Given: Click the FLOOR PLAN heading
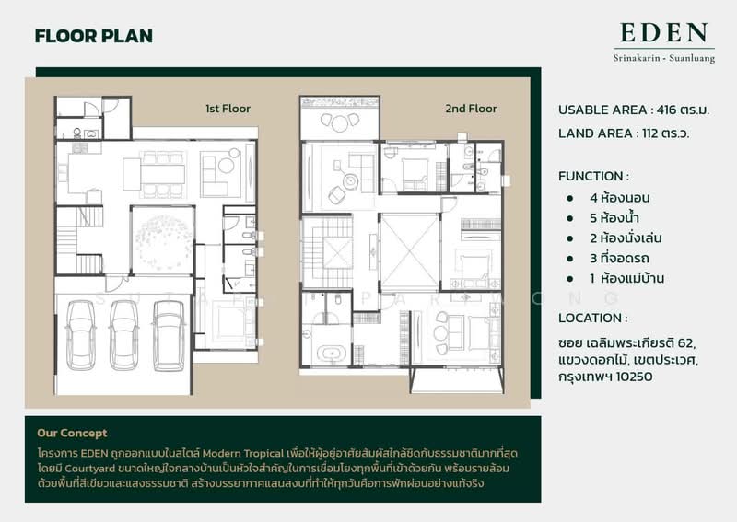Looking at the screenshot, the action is click(94, 36).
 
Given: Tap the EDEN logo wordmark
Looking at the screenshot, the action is click(663, 32).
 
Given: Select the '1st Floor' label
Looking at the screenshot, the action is click(228, 109).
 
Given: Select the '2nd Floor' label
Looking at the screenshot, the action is click(471, 109).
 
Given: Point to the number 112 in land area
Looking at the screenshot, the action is click(650, 133).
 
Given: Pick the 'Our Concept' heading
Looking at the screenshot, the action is click(72, 433).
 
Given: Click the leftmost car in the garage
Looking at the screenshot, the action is click(80, 335).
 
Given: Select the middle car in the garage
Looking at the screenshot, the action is click(124, 335).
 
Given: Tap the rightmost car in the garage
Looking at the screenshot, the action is click(169, 335).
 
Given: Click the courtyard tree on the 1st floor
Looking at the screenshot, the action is click(163, 239).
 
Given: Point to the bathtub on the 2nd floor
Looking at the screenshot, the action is click(332, 354).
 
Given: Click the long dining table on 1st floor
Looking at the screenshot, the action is click(162, 174).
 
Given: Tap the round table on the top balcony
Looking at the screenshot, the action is click(340, 123).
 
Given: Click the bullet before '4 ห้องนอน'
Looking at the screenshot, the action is click(570, 198).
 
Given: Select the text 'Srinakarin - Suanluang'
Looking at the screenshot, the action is click(663, 59).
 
